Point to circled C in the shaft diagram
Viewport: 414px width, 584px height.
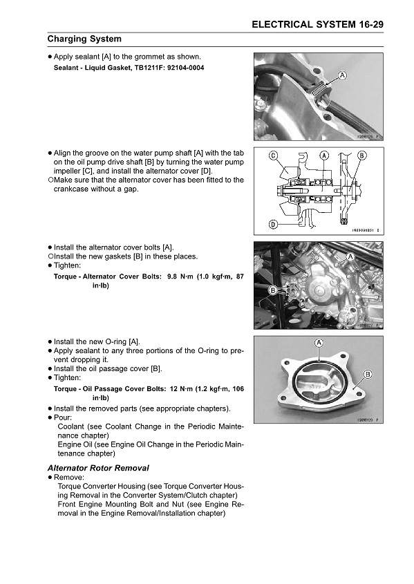(274, 156)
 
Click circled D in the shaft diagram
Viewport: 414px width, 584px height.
(274, 224)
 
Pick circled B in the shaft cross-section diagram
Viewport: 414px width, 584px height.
(361, 156)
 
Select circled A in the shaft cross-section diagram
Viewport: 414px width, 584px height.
(324, 156)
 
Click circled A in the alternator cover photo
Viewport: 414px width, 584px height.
(350, 256)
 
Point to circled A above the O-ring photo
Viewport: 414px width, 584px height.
(319, 343)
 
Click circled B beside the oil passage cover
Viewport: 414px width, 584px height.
(367, 374)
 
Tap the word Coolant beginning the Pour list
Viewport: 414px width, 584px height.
(73, 426)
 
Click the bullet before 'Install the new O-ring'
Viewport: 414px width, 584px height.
(50, 341)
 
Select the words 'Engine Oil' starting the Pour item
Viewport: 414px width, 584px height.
(77, 444)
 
